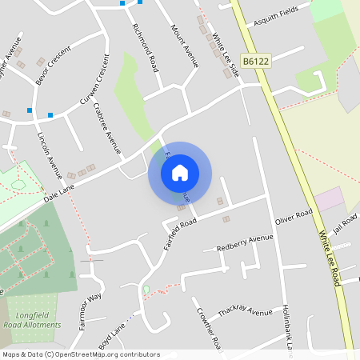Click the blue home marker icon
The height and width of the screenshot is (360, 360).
click(x=180, y=173)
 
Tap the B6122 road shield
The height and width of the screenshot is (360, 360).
click(x=256, y=61)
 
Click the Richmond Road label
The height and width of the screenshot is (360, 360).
click(x=146, y=46)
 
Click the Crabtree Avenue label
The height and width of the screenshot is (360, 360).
click(x=107, y=127)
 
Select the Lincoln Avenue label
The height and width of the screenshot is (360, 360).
click(x=50, y=153)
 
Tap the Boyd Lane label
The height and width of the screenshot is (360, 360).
click(x=113, y=333)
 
